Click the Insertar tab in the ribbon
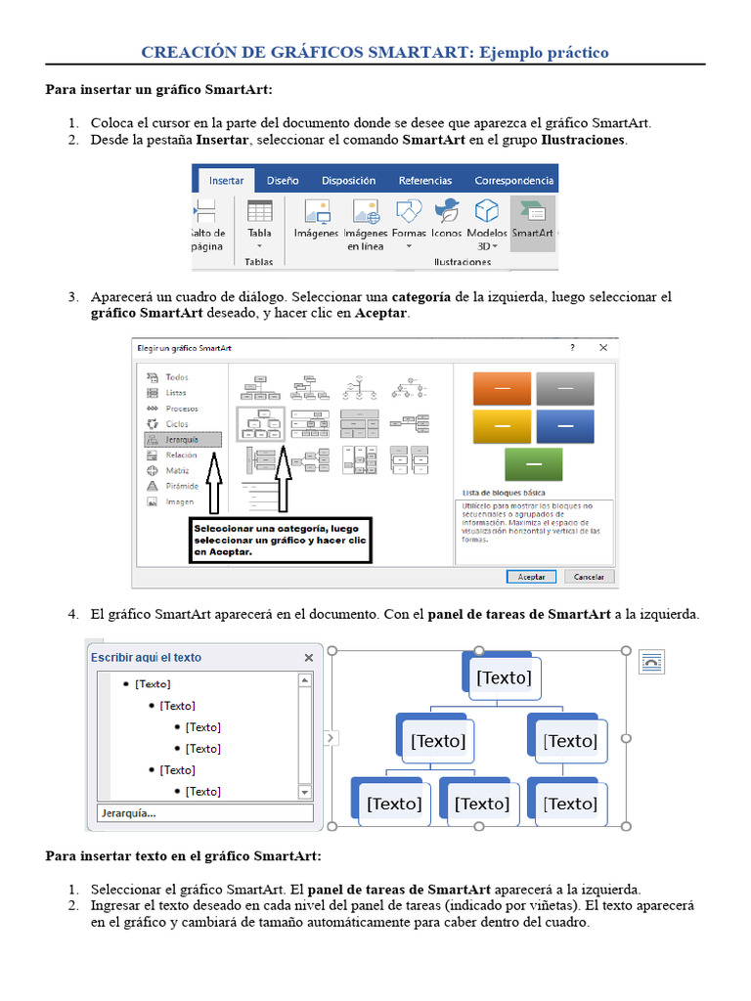click(226, 181)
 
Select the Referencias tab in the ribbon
click(425, 181)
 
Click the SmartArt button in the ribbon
click(532, 222)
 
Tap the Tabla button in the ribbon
click(259, 222)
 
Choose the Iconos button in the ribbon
click(447, 222)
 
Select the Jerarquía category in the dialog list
click(183, 440)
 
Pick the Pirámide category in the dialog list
click(181, 486)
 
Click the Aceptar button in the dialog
click(531, 577)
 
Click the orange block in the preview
click(502, 389)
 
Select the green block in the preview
click(533, 463)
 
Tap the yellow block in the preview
click(502, 426)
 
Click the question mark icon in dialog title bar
click(571, 348)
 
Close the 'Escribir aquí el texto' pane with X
click(309, 658)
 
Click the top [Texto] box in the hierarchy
click(504, 677)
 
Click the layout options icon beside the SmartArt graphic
click(650, 663)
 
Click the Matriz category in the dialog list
click(177, 470)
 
